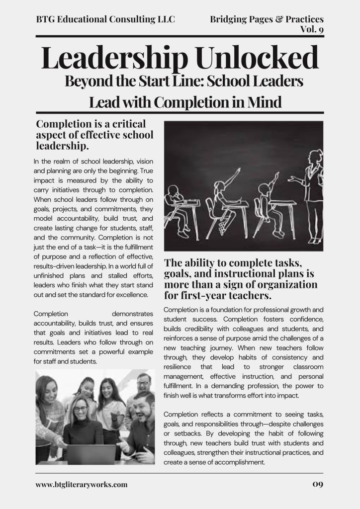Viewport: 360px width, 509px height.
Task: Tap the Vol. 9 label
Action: tap(312, 29)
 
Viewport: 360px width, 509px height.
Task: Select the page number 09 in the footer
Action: tap(318, 485)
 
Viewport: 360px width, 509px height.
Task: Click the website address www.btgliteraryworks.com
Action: tap(82, 485)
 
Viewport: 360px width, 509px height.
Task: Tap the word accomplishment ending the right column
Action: tap(237, 462)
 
